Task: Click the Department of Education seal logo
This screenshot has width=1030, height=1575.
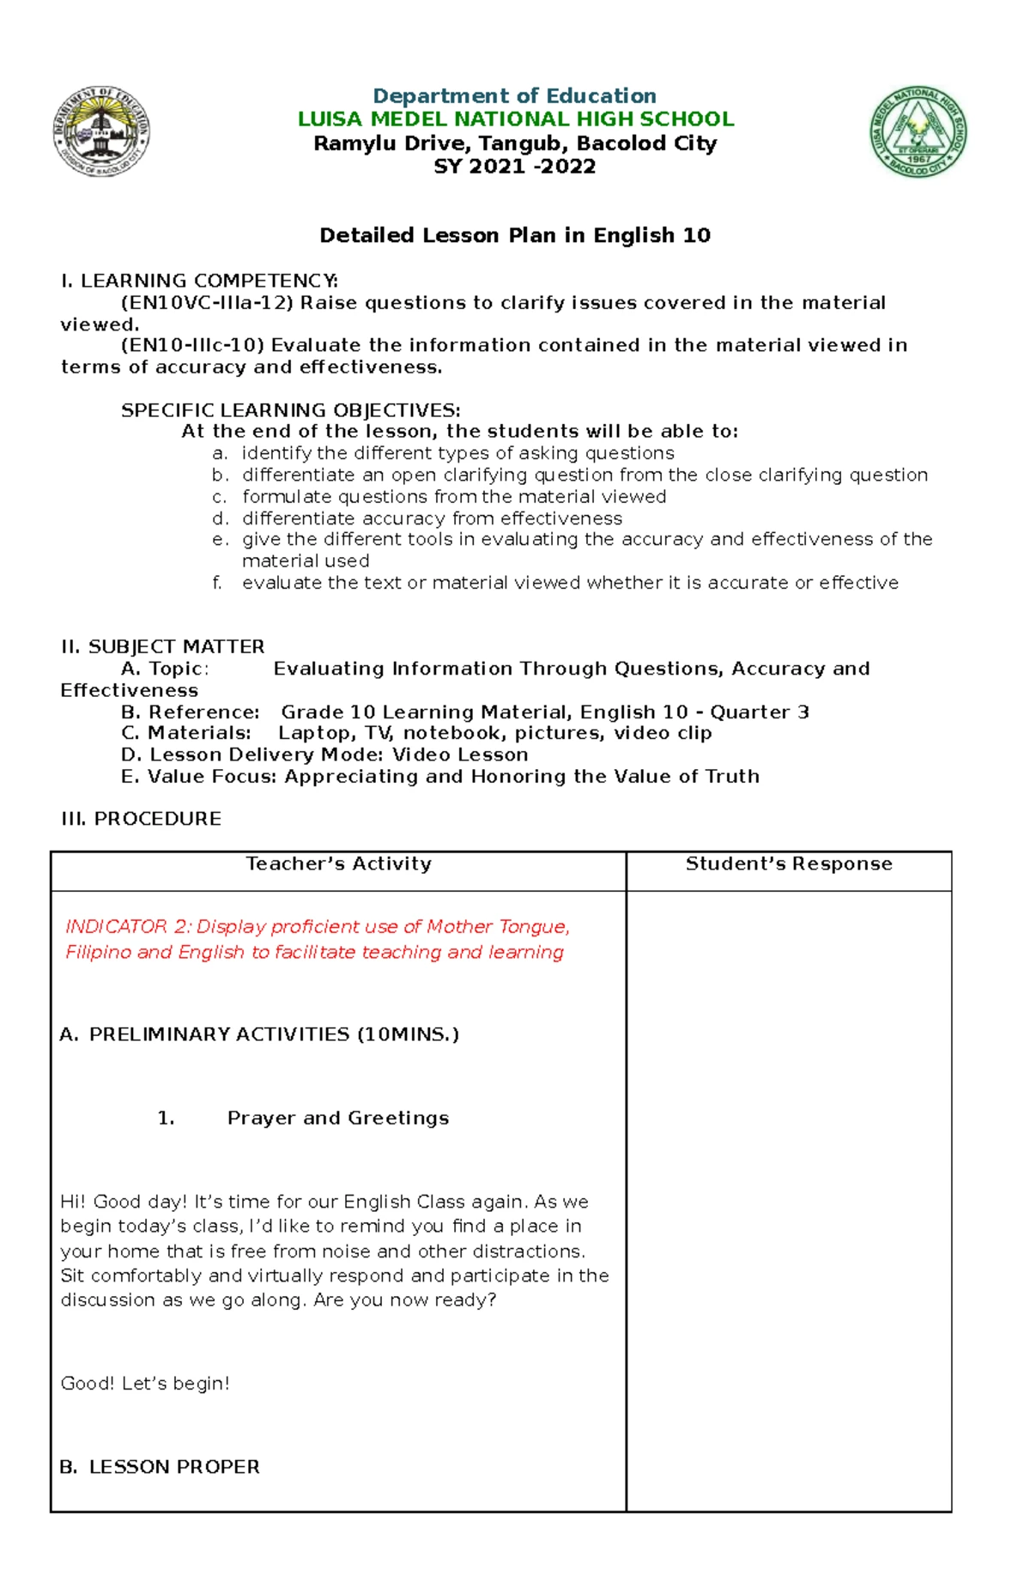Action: pyautogui.click(x=101, y=132)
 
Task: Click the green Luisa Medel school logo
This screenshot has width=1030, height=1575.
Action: pyautogui.click(x=918, y=132)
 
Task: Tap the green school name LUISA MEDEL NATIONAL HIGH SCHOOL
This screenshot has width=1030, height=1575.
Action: pyautogui.click(x=515, y=119)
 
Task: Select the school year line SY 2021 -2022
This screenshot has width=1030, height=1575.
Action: pyautogui.click(x=515, y=167)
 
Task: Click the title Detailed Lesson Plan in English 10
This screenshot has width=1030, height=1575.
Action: pyautogui.click(x=515, y=235)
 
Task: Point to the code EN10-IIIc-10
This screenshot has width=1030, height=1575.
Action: pyautogui.click(x=192, y=345)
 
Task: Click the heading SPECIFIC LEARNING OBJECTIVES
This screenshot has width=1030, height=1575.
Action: pyautogui.click(x=290, y=410)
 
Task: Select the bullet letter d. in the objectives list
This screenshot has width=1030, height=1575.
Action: pyautogui.click(x=221, y=518)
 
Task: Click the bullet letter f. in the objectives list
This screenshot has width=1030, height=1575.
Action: pyautogui.click(x=218, y=583)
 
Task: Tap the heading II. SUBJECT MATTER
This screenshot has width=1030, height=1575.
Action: pyautogui.click(x=162, y=646)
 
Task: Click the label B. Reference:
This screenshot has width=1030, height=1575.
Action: pyautogui.click(x=191, y=712)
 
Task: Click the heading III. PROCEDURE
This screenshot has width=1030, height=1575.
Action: pyautogui.click(x=141, y=819)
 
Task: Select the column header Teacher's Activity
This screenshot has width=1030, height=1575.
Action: pyautogui.click(x=338, y=863)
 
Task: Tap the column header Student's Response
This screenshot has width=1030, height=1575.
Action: pyautogui.click(x=788, y=863)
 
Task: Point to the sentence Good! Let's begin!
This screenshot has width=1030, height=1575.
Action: pyautogui.click(x=145, y=1383)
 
